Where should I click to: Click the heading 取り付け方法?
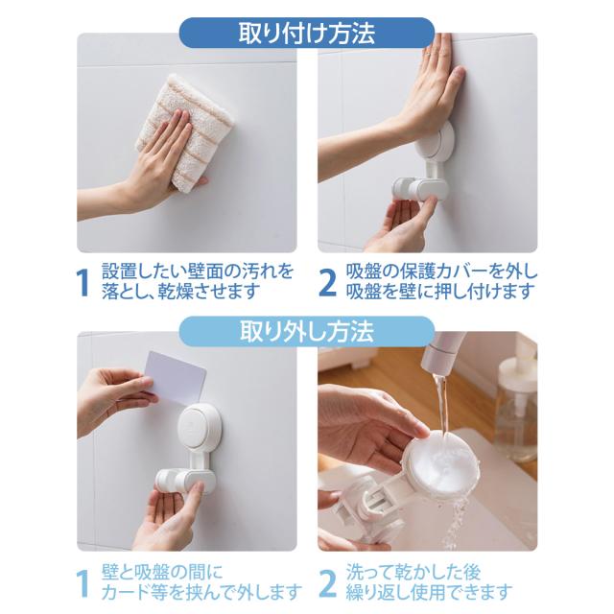[x=307, y=34]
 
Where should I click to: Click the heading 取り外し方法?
[x=307, y=332]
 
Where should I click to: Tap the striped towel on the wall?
[x=184, y=133]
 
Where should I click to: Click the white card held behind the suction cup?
[x=176, y=378]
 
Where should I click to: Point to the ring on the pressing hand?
[x=429, y=54]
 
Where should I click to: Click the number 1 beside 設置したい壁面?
[x=83, y=283]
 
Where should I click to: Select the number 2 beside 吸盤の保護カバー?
[x=327, y=283]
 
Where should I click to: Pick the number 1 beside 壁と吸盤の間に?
[x=83, y=583]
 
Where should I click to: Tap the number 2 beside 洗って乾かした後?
[x=327, y=583]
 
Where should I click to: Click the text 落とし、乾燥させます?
[x=181, y=292]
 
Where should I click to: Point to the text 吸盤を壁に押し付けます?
[x=440, y=292]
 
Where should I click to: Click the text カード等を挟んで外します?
[x=201, y=592]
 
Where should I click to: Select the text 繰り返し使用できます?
[x=429, y=592]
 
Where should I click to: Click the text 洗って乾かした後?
[x=413, y=573]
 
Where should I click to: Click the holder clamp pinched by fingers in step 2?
[x=420, y=189]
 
